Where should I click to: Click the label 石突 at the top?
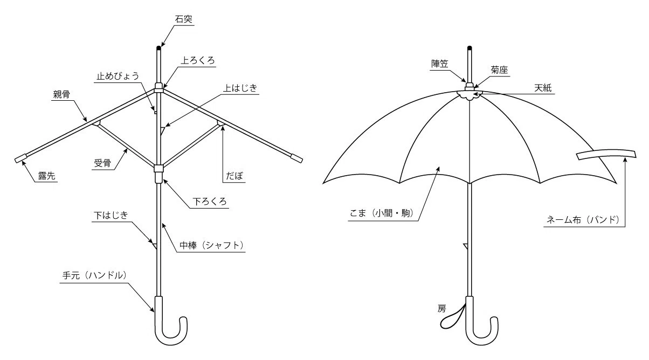(184, 19)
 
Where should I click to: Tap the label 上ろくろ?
(198, 60)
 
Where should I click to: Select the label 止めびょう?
(118, 76)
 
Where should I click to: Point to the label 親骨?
(61, 94)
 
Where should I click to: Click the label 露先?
(47, 176)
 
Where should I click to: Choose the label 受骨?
(102, 163)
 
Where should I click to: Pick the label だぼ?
(234, 176)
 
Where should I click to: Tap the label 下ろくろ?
(210, 202)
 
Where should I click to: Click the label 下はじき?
(111, 216)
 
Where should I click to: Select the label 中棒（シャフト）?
(211, 245)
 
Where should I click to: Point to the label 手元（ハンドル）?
(94, 275)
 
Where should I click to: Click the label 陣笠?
(439, 64)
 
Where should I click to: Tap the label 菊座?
(499, 70)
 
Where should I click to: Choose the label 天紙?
(543, 88)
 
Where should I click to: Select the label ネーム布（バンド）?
(583, 220)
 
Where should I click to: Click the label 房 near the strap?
(441, 309)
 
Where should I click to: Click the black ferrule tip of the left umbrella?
(158, 48)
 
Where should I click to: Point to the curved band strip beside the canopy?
(606, 154)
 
